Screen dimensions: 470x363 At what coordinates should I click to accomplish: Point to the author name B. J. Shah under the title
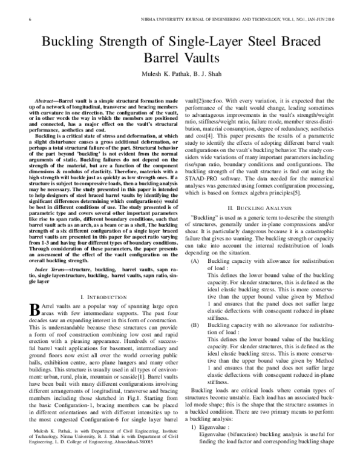point(203,77)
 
